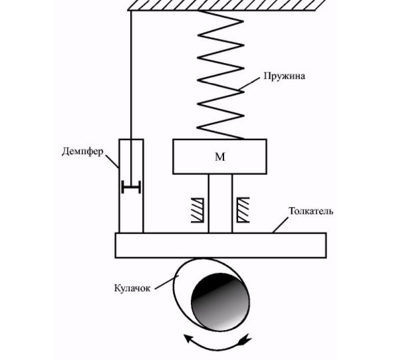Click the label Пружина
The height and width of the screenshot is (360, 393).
click(285, 76)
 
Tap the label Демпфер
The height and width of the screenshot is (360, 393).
click(82, 151)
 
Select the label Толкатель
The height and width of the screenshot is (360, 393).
click(311, 211)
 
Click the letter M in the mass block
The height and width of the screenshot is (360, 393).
click(220, 157)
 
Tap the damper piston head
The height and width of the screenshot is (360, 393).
click(131, 187)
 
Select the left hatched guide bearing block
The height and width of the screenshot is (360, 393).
click(197, 210)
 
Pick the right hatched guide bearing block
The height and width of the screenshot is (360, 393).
click(243, 210)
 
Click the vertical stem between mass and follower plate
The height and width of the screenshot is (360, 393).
click(220, 203)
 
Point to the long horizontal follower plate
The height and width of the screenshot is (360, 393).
click(221, 245)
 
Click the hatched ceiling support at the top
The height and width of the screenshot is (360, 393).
click(227, 5)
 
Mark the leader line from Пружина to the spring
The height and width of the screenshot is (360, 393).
click(249, 84)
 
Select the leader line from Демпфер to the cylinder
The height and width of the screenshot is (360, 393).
click(112, 161)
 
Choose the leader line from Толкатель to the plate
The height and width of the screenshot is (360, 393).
click(281, 225)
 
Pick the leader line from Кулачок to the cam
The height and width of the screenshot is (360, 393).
click(166, 282)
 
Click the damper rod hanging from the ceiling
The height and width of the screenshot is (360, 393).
click(131, 99)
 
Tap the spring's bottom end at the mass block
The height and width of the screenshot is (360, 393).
click(243, 138)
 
